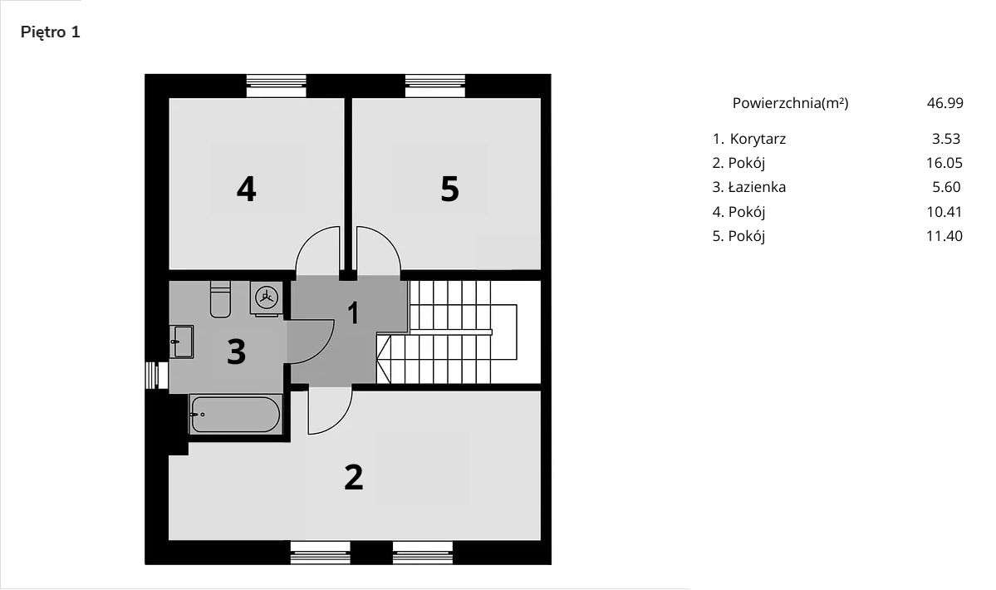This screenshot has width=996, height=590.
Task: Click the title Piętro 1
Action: coord(50,32)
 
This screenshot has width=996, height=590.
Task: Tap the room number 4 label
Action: coord(246,189)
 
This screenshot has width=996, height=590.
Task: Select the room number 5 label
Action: coord(449,189)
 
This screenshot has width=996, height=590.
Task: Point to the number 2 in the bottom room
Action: coord(353,477)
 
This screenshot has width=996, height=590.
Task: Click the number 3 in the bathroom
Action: coord(237,352)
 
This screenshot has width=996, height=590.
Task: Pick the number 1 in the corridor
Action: coord(353,313)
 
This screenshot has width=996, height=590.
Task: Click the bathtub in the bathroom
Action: coord(236,413)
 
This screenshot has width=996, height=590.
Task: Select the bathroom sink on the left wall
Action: coord(182,341)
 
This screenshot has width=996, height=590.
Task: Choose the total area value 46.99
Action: coord(944,103)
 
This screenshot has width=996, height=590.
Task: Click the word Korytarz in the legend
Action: coord(758,139)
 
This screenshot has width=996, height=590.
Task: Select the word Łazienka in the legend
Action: coord(758,187)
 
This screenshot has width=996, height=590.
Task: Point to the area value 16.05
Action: coord(944,163)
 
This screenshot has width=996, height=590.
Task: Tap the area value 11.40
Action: coord(944,236)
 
